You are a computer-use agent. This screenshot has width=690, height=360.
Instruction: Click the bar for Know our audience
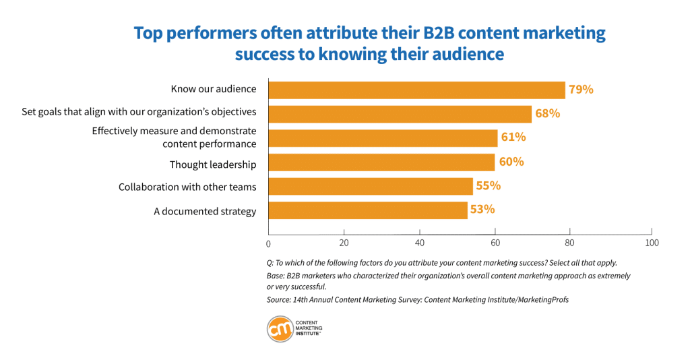(x=416, y=90)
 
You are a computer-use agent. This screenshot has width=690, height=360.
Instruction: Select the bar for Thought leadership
(x=381, y=162)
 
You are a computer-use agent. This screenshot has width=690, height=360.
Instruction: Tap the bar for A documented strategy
(x=368, y=210)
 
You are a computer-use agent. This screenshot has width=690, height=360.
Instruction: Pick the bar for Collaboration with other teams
(x=371, y=186)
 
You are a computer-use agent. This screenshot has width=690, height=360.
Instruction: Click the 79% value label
(x=581, y=89)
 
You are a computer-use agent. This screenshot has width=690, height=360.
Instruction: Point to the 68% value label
(x=547, y=113)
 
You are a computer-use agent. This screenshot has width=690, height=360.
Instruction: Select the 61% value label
(x=513, y=138)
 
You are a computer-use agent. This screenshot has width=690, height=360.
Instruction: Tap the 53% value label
(x=482, y=209)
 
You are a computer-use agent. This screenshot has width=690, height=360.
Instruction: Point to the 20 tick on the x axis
(x=344, y=243)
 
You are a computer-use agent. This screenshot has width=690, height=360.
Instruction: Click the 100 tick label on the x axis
(x=651, y=242)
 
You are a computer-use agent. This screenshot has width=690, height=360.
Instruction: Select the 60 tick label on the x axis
(x=495, y=243)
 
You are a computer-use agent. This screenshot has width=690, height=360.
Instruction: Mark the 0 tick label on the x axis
(x=268, y=243)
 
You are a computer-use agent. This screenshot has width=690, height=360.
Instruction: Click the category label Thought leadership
(x=212, y=164)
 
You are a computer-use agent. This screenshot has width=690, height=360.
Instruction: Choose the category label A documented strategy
(x=205, y=212)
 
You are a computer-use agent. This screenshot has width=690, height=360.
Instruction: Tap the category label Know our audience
(x=213, y=89)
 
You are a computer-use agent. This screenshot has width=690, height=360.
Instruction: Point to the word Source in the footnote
(x=278, y=300)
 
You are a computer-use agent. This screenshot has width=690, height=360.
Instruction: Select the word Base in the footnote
(x=275, y=276)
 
